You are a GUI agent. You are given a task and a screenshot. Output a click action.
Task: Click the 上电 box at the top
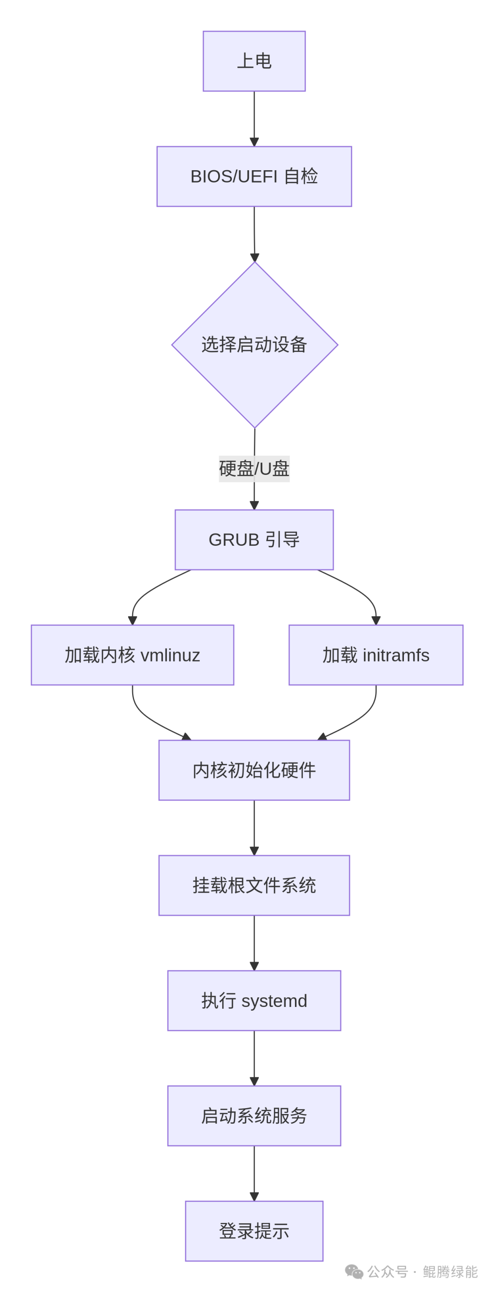pos(254,61)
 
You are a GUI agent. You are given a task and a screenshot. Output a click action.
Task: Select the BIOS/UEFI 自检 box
pos(254,176)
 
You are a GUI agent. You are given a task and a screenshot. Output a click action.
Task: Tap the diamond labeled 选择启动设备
pos(254,345)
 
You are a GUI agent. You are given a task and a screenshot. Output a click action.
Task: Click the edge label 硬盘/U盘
pos(254,468)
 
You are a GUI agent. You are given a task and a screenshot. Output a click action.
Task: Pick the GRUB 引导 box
pos(254,540)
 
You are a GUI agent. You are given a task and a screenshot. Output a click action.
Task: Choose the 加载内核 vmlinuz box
pos(132,655)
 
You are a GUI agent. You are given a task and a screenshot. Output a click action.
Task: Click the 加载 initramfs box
pos(376,655)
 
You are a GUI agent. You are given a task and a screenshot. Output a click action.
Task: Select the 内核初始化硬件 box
pos(254,770)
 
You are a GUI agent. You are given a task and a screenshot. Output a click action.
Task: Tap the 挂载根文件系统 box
pos(254,885)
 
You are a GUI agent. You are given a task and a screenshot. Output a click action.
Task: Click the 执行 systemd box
pos(254,1001)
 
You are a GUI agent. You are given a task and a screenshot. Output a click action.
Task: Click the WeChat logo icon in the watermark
pos(354,1271)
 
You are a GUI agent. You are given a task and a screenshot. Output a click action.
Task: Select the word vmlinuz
pos(170,655)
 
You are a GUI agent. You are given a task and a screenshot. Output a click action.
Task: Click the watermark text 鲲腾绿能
pos(450,1271)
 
